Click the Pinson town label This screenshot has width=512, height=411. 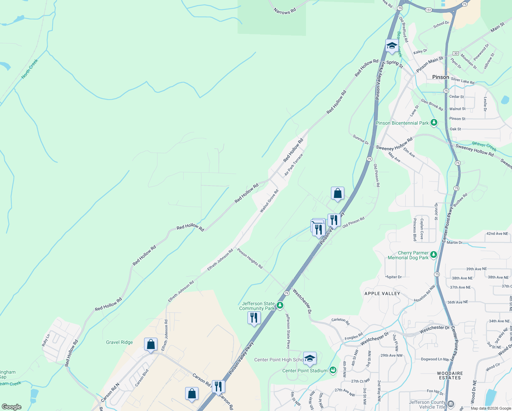pos(440,77)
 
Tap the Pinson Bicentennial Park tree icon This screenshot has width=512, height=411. pos(434,122)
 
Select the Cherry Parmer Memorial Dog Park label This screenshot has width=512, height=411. pos(408,256)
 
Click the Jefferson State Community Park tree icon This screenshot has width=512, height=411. pos(280,305)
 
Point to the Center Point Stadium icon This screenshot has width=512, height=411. pos(333,370)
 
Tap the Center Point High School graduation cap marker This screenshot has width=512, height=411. pos(310,359)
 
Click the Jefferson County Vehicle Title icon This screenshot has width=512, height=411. pos(451,404)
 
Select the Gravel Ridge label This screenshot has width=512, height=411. pos(119,342)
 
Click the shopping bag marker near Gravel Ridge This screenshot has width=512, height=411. pos(151,345)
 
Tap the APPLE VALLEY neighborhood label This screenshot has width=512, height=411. pos(382,294)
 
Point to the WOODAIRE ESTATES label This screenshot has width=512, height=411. pos(450,375)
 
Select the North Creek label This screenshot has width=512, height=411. pos(30,69)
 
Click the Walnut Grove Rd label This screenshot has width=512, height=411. pos(269,201)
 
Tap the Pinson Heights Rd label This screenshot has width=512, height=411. pos(250,259)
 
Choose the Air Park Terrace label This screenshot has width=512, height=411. pos(294,165)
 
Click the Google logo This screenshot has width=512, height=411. pos(11,407)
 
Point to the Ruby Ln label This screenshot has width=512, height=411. pos(46,340)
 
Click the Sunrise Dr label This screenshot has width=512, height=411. pos(361,139)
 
